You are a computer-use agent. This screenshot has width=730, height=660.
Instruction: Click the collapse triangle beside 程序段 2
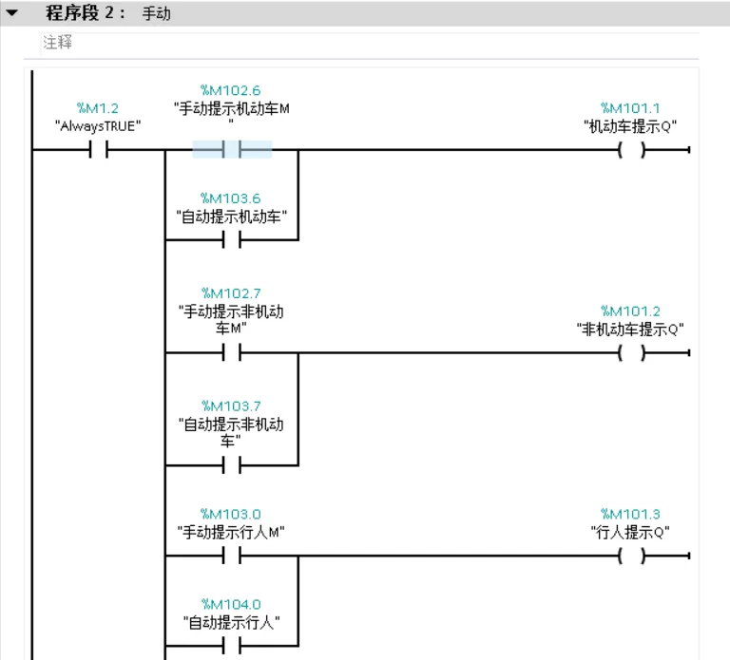tap(11, 14)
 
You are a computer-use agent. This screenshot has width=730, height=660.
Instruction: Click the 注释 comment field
tap(57, 44)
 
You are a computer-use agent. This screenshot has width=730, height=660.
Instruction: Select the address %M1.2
tap(98, 108)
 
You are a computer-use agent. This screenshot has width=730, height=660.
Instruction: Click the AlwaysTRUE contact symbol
tap(98, 150)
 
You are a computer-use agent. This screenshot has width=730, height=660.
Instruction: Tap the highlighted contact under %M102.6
tap(232, 150)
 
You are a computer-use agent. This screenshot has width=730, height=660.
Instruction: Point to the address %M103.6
tap(231, 198)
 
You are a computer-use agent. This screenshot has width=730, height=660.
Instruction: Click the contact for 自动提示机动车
tap(232, 239)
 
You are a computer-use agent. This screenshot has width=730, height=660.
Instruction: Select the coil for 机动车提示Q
tap(630, 150)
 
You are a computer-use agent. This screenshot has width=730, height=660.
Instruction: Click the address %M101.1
tap(630, 108)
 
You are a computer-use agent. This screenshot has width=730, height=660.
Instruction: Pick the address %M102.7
tap(231, 292)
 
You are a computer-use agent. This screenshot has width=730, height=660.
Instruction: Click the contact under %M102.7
tap(232, 353)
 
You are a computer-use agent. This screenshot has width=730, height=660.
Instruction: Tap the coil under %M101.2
tap(630, 353)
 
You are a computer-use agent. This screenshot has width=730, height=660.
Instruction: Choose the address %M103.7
tap(231, 405)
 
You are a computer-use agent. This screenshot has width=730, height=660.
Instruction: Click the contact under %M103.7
tap(232, 465)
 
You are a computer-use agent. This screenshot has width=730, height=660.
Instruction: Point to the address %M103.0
tap(231, 514)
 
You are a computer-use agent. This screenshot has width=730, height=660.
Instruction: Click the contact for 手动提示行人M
tap(232, 556)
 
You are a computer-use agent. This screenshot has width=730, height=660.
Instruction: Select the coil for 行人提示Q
tap(630, 556)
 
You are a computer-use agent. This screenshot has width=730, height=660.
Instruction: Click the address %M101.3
tap(630, 514)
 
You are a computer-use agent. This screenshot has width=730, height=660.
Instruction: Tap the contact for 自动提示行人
tap(232, 646)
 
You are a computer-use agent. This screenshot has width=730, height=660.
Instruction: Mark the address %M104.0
tap(231, 604)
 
